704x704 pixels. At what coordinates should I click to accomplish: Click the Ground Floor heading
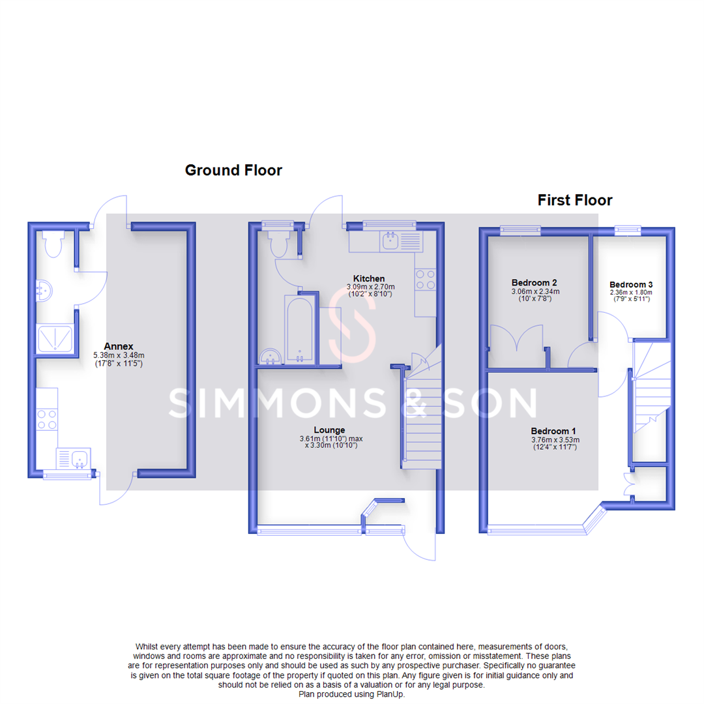[x=233, y=171]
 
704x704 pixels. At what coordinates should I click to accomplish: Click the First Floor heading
[x=574, y=200]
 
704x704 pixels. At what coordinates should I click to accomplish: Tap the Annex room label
[x=118, y=346]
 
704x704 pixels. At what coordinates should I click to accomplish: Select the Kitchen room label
[x=369, y=278]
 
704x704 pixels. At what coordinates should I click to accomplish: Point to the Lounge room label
[x=329, y=430]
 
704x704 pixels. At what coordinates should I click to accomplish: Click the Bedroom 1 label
[x=553, y=431]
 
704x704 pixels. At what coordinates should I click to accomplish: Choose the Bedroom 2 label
[x=534, y=283]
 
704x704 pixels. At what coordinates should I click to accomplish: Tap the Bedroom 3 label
[x=631, y=285]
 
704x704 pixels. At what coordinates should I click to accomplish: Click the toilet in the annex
[x=51, y=244]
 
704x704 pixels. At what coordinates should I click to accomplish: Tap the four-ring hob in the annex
[x=47, y=418]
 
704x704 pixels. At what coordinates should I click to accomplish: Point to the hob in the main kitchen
[x=425, y=280]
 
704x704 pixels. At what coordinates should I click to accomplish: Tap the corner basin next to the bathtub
[x=269, y=356]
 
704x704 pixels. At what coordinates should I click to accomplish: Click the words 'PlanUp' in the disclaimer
[x=390, y=695]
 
